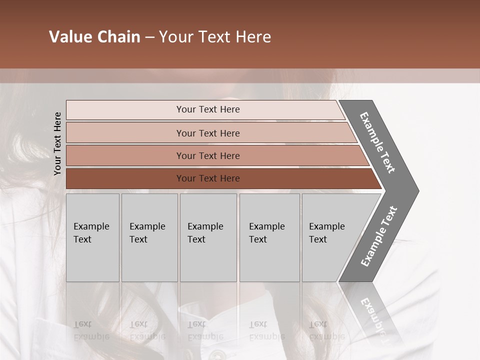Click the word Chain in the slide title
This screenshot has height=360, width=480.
pos(118,37)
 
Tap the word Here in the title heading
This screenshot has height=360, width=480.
pos(252,37)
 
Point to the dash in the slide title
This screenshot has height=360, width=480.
pos(149,37)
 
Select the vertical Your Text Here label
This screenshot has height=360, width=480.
pos(57,143)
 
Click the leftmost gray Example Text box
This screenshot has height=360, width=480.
pos(92,237)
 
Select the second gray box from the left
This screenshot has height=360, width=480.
pos(149,237)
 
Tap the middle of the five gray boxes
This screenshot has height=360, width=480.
pos(208,237)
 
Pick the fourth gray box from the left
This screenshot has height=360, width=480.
pos(269,237)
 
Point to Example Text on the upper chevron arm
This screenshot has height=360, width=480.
pos(377,142)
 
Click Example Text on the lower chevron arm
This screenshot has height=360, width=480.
pos(379,236)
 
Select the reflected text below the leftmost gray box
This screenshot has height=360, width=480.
pos(91,330)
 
